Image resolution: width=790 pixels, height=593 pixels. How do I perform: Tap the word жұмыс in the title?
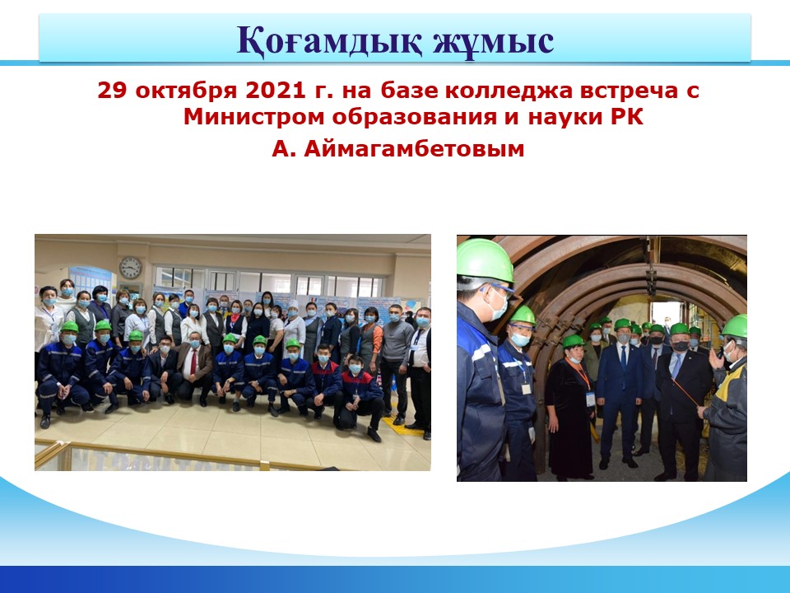494,40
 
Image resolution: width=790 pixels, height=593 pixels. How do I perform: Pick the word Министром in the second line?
253,118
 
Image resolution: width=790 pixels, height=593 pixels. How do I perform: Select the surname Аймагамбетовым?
414,149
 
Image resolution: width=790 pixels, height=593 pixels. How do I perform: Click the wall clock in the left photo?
131,268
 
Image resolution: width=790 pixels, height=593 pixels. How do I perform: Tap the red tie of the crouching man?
194,362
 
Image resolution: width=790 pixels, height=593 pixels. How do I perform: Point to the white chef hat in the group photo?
294,305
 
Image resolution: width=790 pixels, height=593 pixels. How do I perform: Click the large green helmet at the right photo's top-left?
484,261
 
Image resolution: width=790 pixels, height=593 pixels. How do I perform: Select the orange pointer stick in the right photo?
685,390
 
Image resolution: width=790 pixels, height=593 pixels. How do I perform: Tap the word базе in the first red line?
409,91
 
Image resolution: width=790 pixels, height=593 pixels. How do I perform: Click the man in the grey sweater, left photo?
397,363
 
